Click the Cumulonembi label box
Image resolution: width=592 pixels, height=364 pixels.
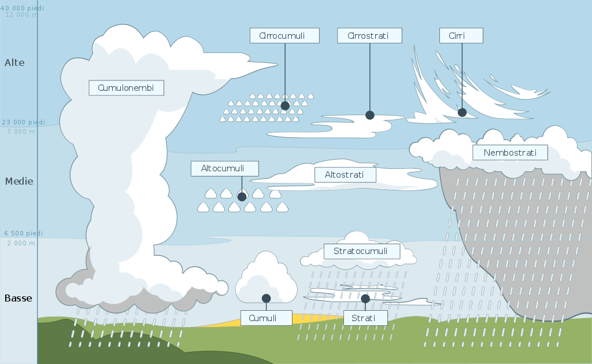126,88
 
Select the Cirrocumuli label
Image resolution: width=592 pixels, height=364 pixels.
284,35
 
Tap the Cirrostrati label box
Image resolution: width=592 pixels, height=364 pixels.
370,35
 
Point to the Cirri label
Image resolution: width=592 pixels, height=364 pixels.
461,35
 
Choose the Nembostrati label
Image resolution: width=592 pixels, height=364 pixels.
510,153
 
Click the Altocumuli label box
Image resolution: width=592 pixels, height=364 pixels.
224,168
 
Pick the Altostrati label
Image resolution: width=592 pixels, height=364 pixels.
345,174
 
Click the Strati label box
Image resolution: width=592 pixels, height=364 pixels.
365,318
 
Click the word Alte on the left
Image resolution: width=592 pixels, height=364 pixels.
14,62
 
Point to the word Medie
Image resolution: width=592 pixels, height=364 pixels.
19,181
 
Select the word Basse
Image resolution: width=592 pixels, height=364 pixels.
18,299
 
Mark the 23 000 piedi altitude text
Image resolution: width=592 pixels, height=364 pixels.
23,122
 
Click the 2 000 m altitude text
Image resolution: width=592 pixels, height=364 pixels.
20,243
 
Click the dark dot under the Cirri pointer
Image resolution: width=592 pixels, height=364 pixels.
462,112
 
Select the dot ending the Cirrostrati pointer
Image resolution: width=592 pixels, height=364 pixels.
370,115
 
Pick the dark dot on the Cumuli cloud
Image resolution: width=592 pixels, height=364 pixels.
266,299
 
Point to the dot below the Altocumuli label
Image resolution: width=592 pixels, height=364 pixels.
242,197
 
